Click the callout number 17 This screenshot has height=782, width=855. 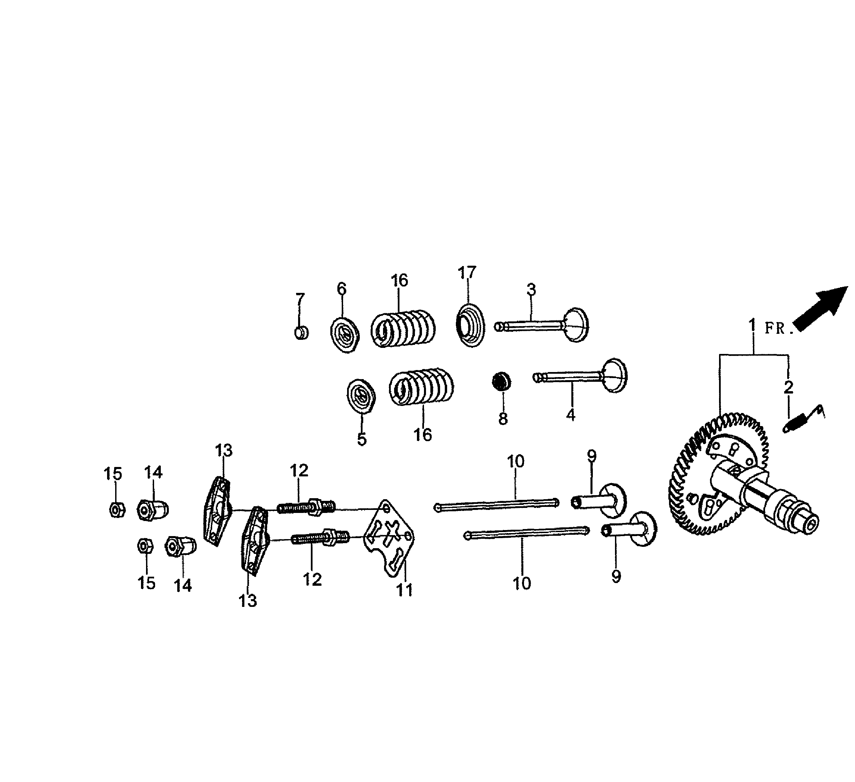[467, 272]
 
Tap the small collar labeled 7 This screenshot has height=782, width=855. [301, 333]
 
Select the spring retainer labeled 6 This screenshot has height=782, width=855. [345, 334]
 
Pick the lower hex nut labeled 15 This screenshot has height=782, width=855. [145, 546]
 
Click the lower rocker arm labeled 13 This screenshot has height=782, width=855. [254, 541]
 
